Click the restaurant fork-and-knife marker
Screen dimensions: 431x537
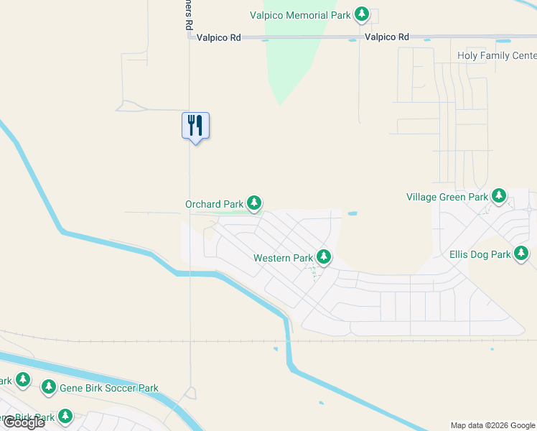pos(195,126)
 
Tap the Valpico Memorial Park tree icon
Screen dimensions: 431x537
pos(363,14)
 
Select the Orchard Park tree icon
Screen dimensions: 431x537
pos(253,204)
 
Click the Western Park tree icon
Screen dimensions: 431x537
pos(324,257)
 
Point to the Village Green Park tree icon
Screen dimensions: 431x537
pos(498,196)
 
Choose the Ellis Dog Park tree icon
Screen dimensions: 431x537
pos(521,254)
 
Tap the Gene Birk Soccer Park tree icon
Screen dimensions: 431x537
pos(49,388)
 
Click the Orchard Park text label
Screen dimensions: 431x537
pos(214,205)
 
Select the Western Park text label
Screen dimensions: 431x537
pos(283,258)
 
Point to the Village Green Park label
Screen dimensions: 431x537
pos(447,197)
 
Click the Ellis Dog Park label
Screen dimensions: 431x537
pos(480,254)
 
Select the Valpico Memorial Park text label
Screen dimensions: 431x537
pos(301,14)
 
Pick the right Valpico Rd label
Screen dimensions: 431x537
pos(386,37)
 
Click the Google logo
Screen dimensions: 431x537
pos(24,422)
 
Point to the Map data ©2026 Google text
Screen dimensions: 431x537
pos(492,425)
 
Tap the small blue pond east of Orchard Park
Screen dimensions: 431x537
pos(351,213)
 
